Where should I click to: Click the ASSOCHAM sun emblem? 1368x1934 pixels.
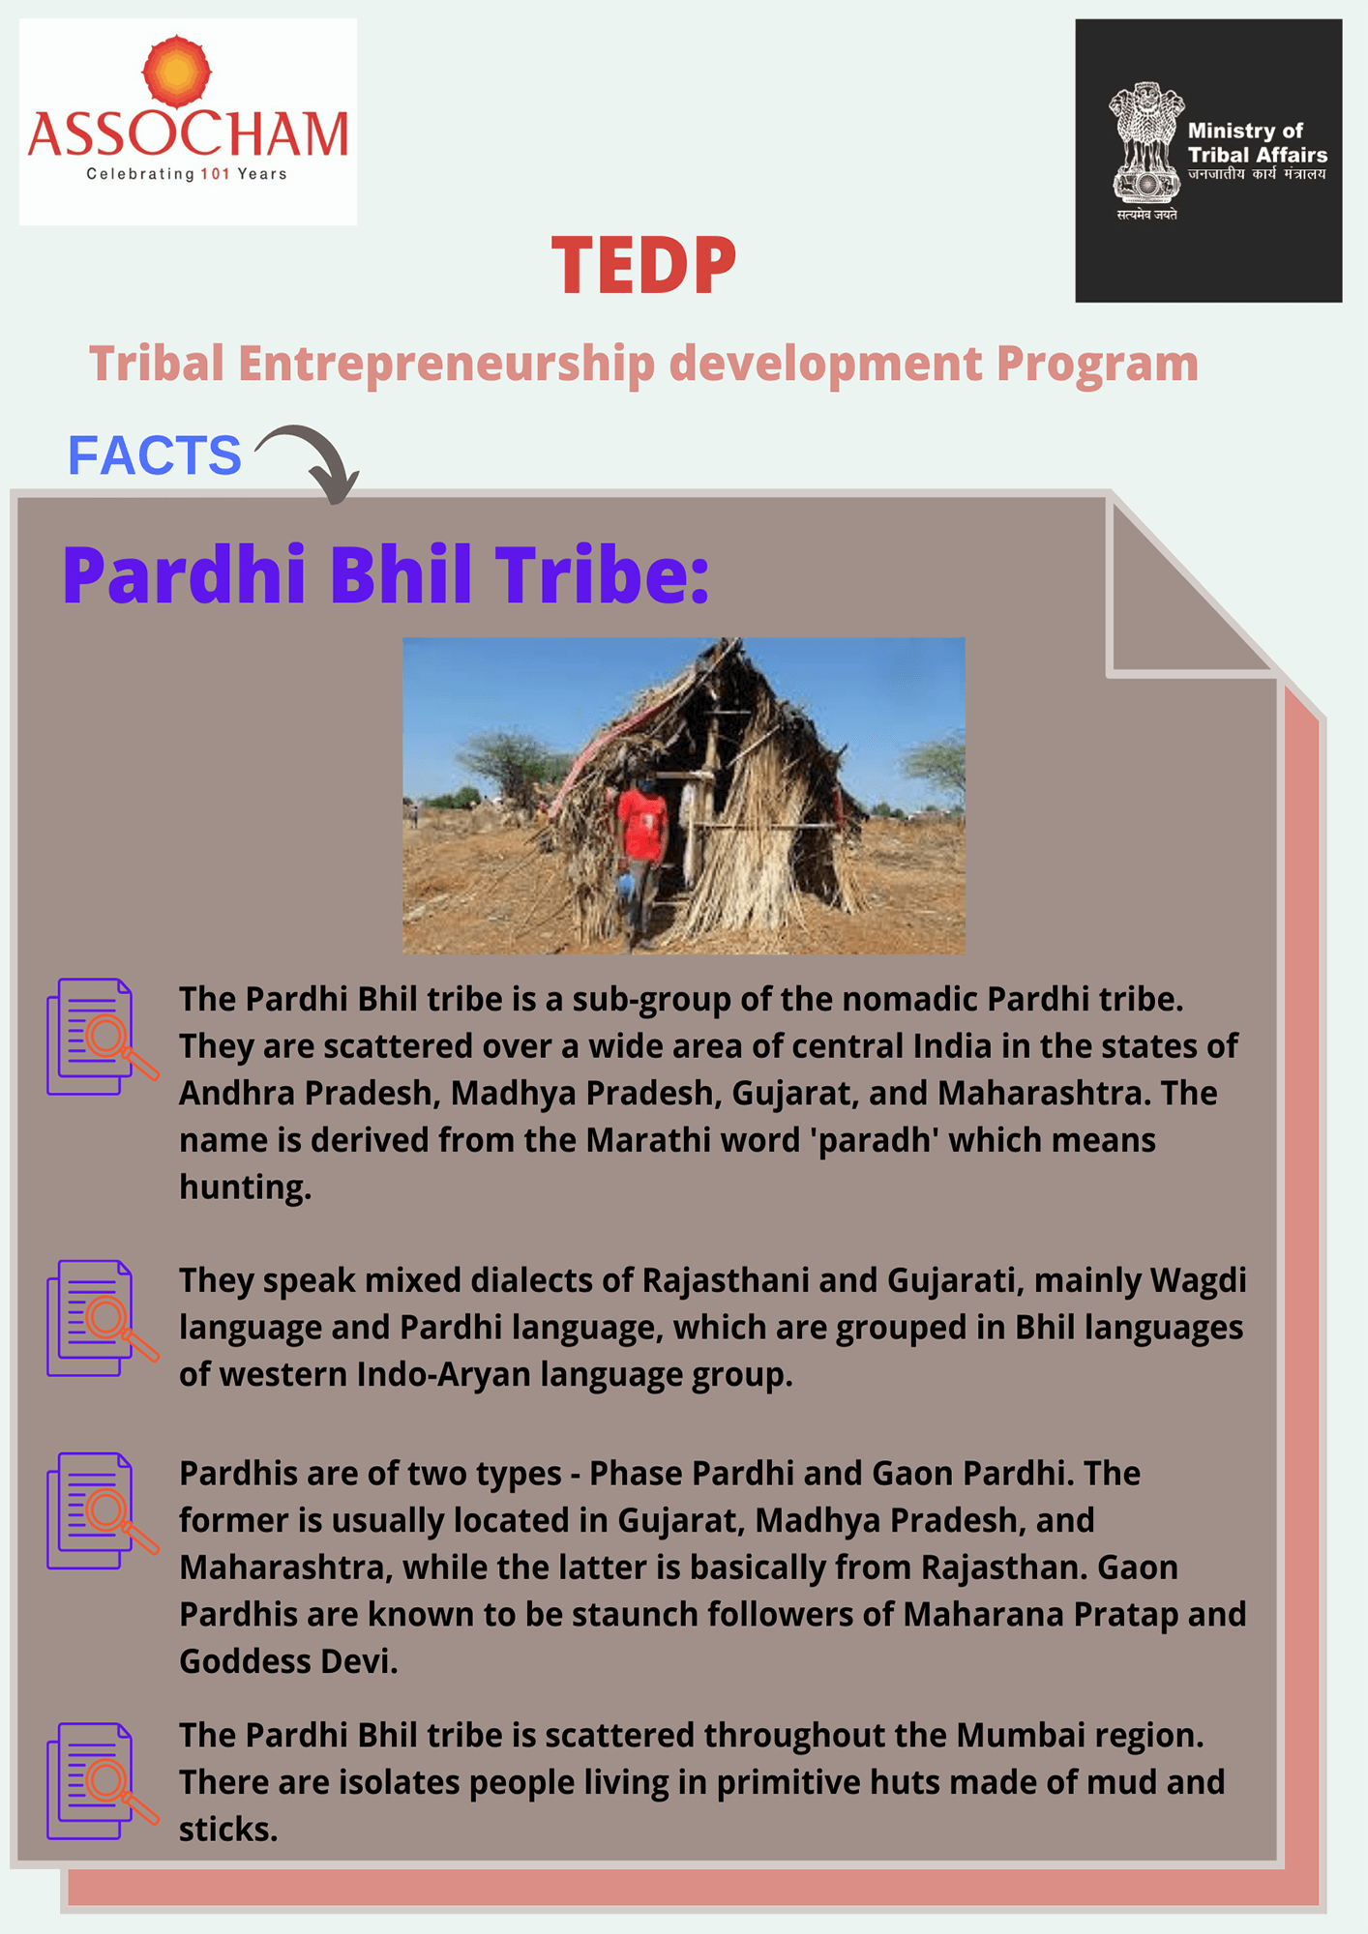(x=176, y=72)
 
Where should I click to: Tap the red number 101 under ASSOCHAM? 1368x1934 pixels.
(x=215, y=174)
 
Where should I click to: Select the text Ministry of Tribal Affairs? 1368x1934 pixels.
(x=1257, y=142)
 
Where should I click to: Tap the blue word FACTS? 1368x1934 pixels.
(x=154, y=454)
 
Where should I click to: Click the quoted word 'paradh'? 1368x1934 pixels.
(x=876, y=1140)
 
